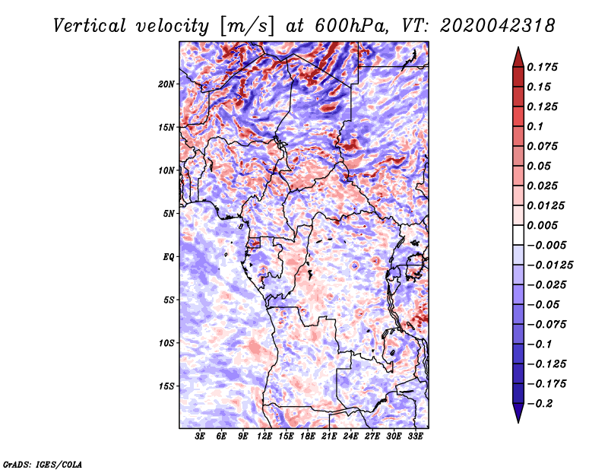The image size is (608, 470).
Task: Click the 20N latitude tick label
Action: [166, 84]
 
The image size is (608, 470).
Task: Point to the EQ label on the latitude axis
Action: [169, 257]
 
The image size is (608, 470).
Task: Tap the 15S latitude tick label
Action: [166, 386]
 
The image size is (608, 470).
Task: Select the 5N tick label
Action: [169, 214]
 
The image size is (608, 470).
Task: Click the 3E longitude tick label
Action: [200, 437]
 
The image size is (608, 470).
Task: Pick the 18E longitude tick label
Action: [308, 437]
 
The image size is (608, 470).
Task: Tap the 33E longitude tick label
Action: [415, 437]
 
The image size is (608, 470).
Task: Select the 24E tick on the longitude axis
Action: [350, 437]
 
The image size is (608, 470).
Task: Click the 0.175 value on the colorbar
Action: [542, 67]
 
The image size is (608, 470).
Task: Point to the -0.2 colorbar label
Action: [540, 404]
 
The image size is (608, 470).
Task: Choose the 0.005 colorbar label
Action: [542, 225]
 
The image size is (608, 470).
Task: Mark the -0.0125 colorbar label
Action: [549, 265]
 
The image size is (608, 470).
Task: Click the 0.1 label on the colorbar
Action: [535, 126]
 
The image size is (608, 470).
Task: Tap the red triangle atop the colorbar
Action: [518, 58]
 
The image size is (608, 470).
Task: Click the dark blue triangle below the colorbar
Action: [518, 413]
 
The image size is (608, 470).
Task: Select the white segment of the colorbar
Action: [518, 235]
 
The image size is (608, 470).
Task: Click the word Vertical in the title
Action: [90, 26]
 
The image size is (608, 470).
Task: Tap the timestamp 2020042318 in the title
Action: [498, 26]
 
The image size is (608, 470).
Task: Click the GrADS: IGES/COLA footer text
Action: [43, 465]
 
